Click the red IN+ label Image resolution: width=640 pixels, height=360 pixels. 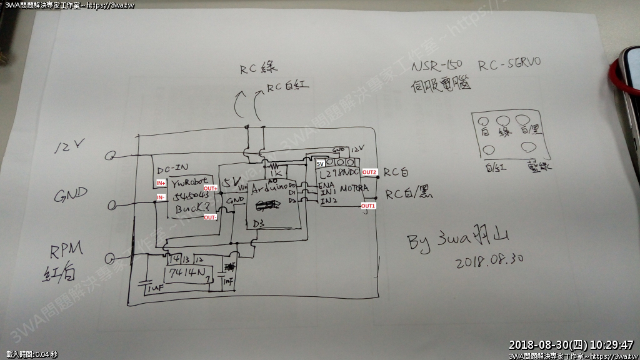161,183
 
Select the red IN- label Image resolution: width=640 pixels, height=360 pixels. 161,197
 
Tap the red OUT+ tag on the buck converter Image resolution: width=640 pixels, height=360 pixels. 211,188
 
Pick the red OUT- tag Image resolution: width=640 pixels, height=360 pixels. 211,217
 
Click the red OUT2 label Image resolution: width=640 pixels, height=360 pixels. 369,172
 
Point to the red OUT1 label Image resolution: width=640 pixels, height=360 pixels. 368,206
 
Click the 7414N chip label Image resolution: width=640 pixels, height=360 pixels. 184,272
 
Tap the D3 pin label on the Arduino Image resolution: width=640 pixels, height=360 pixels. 259,222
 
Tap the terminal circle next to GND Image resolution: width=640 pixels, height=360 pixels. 112,205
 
